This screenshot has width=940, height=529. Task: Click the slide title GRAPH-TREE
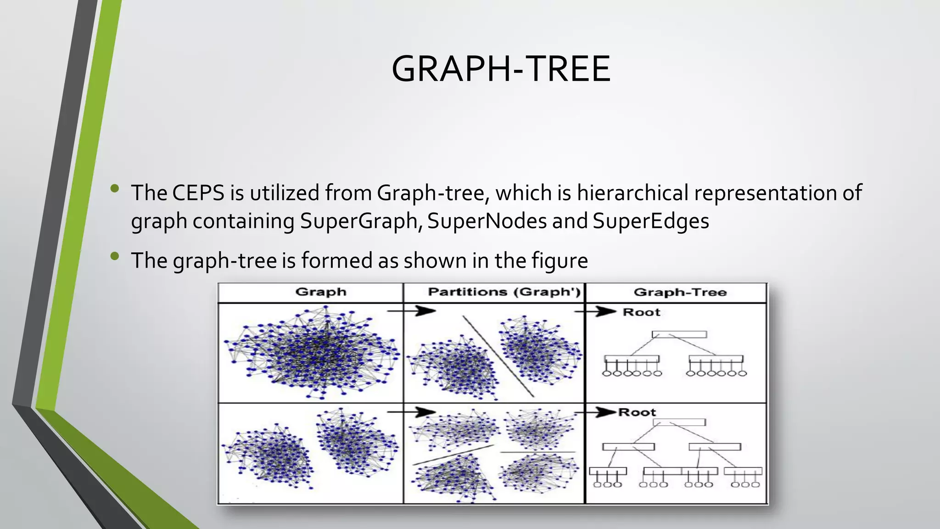click(501, 69)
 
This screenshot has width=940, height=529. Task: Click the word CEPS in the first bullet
click(198, 193)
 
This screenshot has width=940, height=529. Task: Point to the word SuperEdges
click(650, 221)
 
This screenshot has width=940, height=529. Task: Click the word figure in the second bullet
click(560, 260)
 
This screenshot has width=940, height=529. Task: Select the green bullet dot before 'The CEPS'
click(115, 188)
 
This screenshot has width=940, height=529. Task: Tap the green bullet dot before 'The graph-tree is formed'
click(115, 256)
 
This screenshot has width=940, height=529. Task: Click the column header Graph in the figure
click(321, 292)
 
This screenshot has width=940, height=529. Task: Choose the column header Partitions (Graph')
click(504, 292)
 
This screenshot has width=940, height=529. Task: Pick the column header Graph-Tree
click(680, 293)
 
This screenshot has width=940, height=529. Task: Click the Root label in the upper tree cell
click(641, 312)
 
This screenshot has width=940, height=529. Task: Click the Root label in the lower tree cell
click(637, 412)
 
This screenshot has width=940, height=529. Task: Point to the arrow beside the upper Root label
click(597, 312)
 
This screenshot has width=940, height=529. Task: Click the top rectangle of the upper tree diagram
click(679, 334)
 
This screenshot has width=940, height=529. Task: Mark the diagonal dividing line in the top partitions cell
click(498, 356)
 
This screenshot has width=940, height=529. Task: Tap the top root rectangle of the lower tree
click(679, 422)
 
